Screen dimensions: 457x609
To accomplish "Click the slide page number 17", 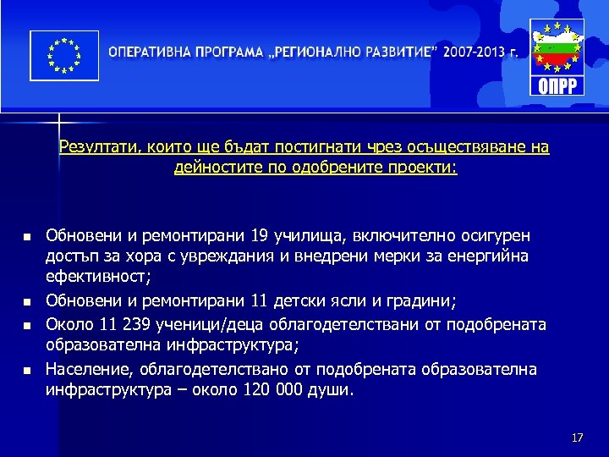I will (578, 438).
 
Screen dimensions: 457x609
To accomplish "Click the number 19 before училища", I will (262, 234).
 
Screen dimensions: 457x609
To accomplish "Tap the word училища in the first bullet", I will (309, 234).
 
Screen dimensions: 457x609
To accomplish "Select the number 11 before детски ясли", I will (262, 300).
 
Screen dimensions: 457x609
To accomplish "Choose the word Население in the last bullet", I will (85, 369).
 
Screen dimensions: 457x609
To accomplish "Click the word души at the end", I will (336, 391).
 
